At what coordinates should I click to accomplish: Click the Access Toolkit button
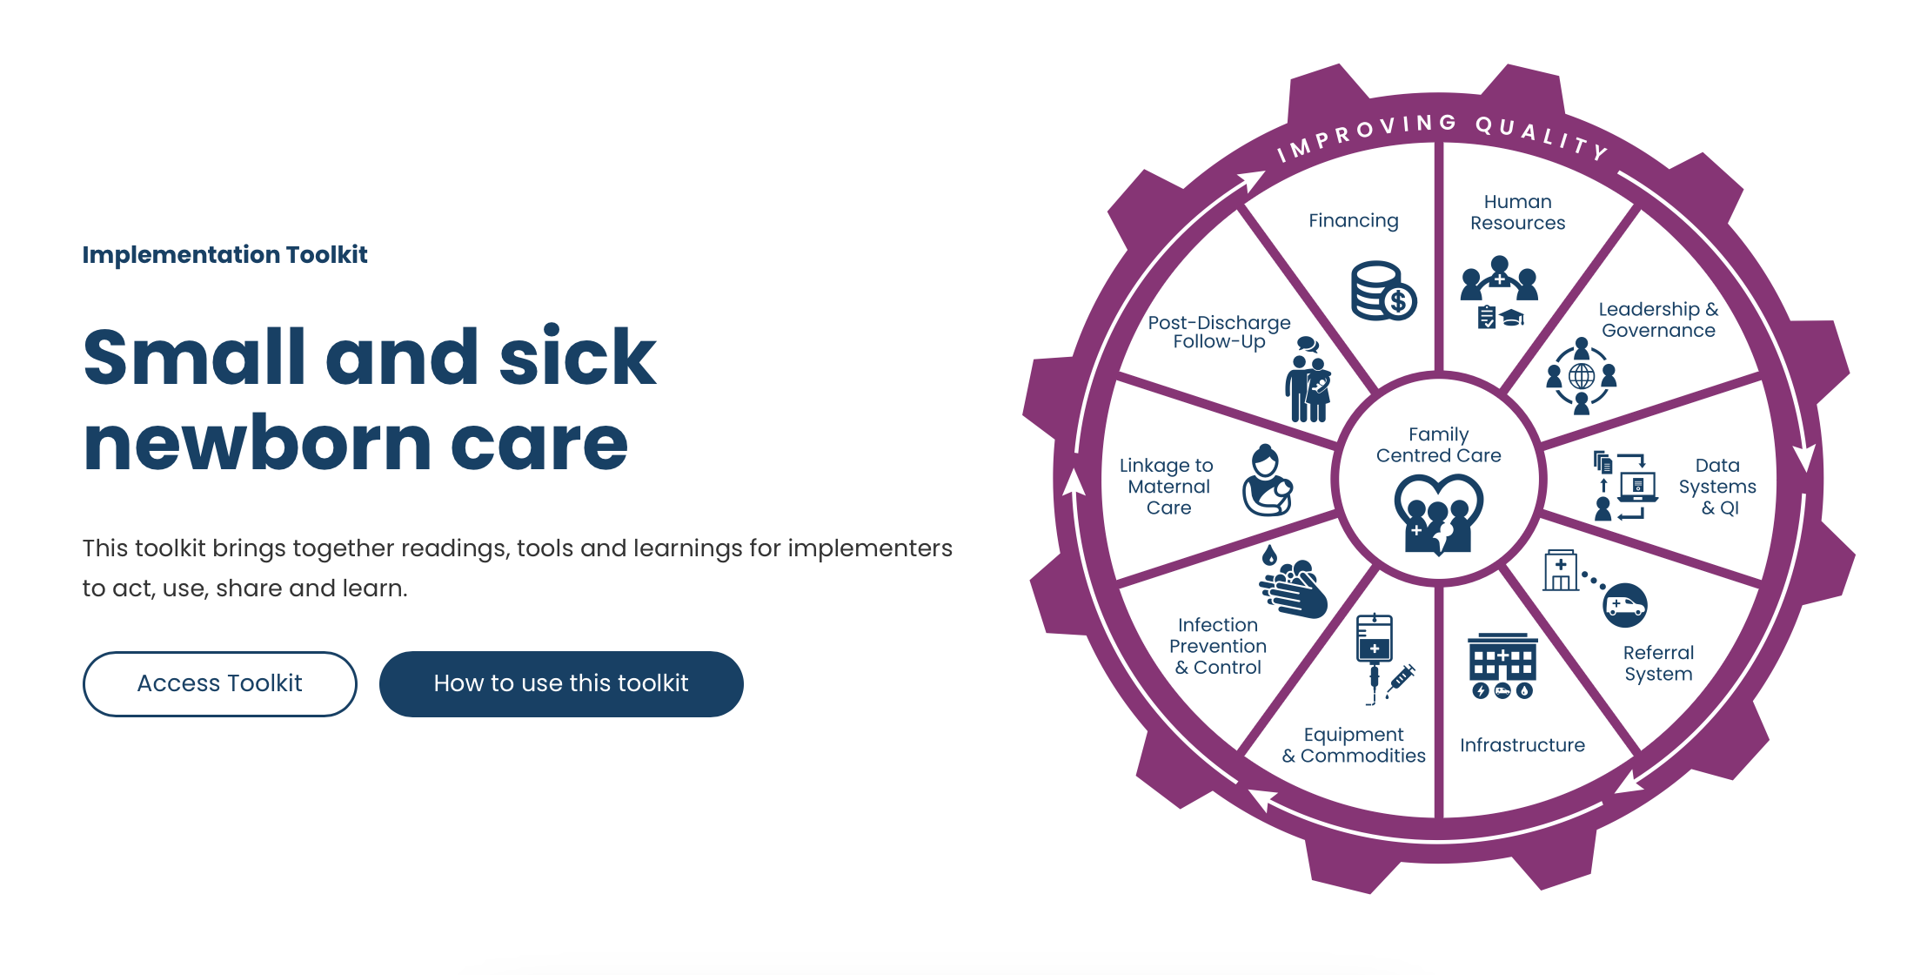pos(219,683)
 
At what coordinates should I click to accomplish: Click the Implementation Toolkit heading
pos(224,254)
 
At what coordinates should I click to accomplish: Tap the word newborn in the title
pos(257,444)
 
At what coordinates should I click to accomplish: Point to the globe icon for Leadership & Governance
pos(1582,376)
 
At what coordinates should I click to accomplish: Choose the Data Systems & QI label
pos(1716,486)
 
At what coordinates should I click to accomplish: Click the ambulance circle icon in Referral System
pos(1624,605)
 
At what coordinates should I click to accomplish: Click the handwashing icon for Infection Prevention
pos(1295,586)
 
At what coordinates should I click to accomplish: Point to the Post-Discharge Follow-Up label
pos(1219,332)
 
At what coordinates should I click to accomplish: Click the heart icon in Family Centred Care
pos(1439,514)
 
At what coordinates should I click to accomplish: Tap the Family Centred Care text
pos(1439,445)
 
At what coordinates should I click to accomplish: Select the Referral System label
pos(1658,663)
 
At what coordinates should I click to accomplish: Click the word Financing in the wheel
pos(1354,221)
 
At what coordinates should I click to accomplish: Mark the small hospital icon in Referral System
pos(1561,571)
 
